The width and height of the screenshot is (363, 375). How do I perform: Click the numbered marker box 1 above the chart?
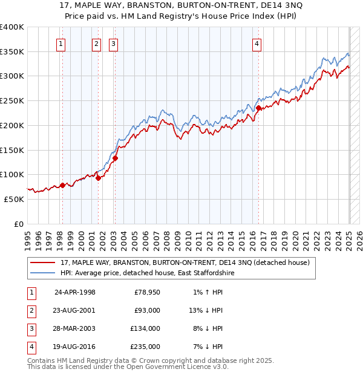pyautogui.click(x=62, y=43)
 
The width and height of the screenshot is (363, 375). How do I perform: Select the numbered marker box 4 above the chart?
pyautogui.click(x=257, y=43)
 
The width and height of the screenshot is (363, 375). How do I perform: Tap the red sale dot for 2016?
pyautogui.click(x=258, y=108)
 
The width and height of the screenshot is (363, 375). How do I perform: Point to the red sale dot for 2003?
pyautogui.click(x=115, y=158)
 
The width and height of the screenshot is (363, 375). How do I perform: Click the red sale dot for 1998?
pyautogui.click(x=62, y=185)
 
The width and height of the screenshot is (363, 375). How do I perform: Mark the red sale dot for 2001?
pyautogui.click(x=98, y=178)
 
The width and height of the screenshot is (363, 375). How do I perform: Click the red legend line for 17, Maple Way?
pyautogui.click(x=43, y=262)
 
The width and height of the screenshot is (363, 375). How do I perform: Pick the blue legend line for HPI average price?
pyautogui.click(x=43, y=273)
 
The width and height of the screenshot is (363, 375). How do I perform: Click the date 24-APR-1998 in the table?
pyautogui.click(x=75, y=292)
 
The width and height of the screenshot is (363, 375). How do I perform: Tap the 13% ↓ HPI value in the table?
pyautogui.click(x=206, y=310)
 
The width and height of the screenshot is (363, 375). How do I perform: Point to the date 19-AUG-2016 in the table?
pyautogui.click(x=75, y=347)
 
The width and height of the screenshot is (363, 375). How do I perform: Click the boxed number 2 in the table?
pyautogui.click(x=31, y=310)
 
